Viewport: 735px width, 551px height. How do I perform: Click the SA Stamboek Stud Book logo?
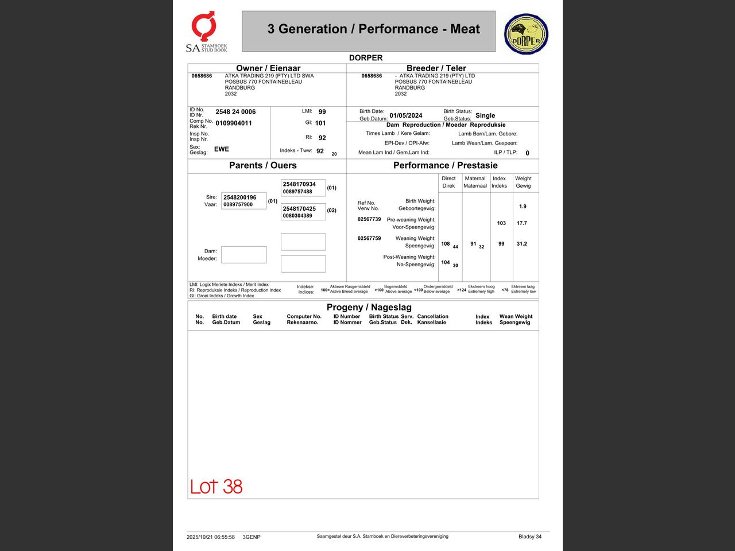(x=206, y=32)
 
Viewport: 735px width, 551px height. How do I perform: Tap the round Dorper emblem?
(x=526, y=34)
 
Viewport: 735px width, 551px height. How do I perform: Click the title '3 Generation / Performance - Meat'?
(x=373, y=29)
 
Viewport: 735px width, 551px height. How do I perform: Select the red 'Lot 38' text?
(x=216, y=487)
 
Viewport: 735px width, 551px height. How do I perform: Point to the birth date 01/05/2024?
(x=406, y=115)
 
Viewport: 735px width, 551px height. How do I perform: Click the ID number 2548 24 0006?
(x=235, y=112)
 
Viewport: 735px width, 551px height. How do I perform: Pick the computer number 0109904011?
(x=234, y=123)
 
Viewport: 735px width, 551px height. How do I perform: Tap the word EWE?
(x=222, y=149)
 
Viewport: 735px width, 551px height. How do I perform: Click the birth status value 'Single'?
(x=485, y=115)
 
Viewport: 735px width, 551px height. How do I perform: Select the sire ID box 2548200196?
(x=244, y=201)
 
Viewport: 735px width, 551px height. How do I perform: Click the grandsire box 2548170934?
(x=303, y=188)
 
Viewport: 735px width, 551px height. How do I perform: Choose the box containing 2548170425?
(x=303, y=212)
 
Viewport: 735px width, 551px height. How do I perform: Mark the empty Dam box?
(x=244, y=255)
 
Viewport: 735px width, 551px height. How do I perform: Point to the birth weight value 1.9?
(x=523, y=207)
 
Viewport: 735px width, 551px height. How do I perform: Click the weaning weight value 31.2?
(x=522, y=244)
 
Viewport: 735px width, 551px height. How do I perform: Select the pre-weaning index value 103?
(x=501, y=223)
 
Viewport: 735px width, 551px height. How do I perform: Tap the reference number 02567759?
(x=369, y=238)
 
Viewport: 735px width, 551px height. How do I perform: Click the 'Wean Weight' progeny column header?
(x=516, y=319)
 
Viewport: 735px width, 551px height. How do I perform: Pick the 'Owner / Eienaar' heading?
(x=268, y=68)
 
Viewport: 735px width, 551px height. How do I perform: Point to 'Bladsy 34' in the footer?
(x=530, y=537)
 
